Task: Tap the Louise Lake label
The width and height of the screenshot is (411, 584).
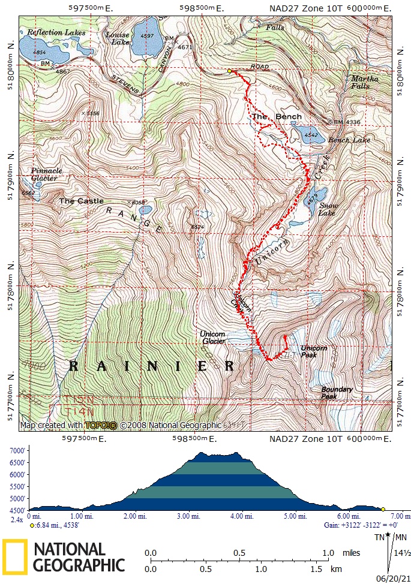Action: (x=118, y=38)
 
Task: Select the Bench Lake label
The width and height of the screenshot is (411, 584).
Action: (x=350, y=140)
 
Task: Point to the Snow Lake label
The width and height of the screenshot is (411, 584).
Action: (x=328, y=209)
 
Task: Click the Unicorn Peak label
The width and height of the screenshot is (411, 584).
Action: (x=314, y=351)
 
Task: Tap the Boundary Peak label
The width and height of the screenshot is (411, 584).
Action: (x=337, y=393)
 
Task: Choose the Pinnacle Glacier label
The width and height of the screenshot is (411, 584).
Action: (x=46, y=174)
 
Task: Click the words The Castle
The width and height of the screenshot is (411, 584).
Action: (x=81, y=201)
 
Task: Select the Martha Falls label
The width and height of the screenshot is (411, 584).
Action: (x=365, y=82)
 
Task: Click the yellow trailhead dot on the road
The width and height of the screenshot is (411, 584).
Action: (x=229, y=71)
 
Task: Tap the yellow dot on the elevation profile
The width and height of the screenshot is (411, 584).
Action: (x=383, y=509)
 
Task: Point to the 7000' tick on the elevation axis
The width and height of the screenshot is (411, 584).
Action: (x=16, y=451)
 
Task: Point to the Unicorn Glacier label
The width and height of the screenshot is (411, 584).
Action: (x=213, y=338)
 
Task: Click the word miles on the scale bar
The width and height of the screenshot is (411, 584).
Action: (x=352, y=552)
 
